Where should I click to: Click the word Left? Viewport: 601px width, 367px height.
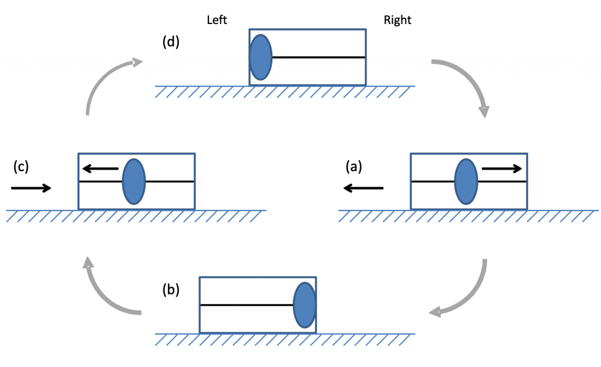coord(217,20)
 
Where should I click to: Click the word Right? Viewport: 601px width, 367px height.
coord(397,20)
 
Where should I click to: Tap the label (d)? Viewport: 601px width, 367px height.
coord(172,43)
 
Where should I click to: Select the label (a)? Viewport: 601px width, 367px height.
coord(354,166)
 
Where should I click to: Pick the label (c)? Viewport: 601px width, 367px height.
coord(21,166)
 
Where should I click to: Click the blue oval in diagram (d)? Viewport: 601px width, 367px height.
coord(261,57)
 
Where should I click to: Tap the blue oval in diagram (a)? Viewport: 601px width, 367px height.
coord(467,181)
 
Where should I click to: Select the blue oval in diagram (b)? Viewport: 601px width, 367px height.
coord(305,305)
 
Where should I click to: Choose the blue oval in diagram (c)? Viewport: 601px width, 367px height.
coord(134,181)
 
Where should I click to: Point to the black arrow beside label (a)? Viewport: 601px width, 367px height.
coord(363,188)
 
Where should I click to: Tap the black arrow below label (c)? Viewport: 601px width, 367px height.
coord(31,188)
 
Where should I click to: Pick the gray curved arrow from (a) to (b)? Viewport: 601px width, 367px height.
coord(470,293)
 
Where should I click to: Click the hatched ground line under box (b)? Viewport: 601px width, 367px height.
coord(285,338)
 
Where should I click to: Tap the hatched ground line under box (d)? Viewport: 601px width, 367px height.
coord(285,90)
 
